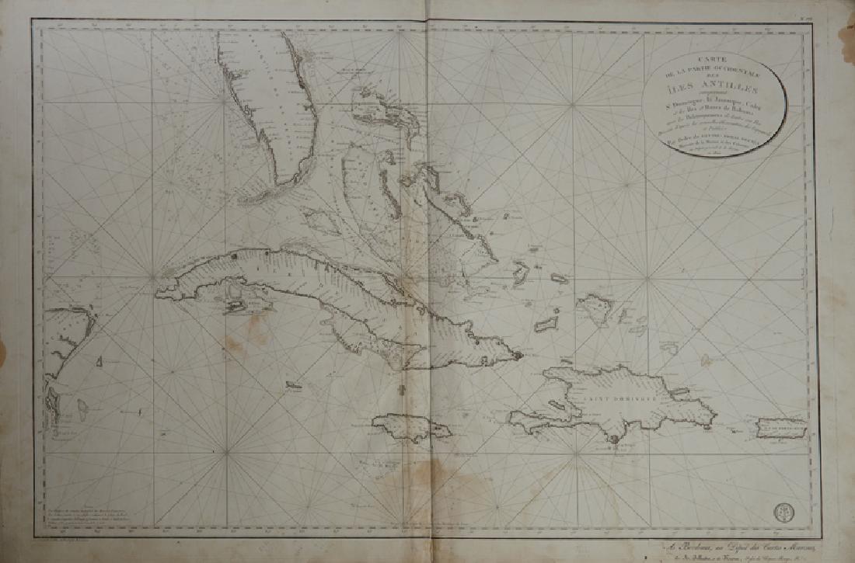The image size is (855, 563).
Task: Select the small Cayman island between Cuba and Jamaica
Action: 294,384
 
